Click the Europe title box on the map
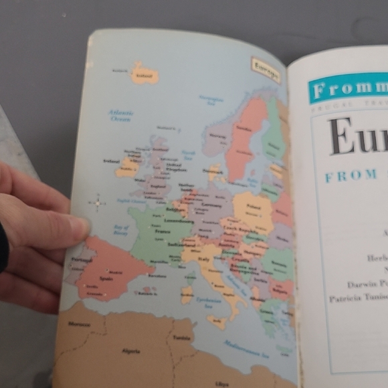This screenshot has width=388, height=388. tap(266, 69)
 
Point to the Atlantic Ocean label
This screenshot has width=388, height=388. tap(121, 115)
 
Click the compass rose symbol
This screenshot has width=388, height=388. tap(98, 203)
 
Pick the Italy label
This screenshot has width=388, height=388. tap(202, 259)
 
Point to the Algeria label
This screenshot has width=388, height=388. tap(131, 351)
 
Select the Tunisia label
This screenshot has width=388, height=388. tap(182, 338)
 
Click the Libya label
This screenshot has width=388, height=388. tap(222, 383)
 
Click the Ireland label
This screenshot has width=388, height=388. tap(111, 161)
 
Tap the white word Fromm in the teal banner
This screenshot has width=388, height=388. tap(342, 89)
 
